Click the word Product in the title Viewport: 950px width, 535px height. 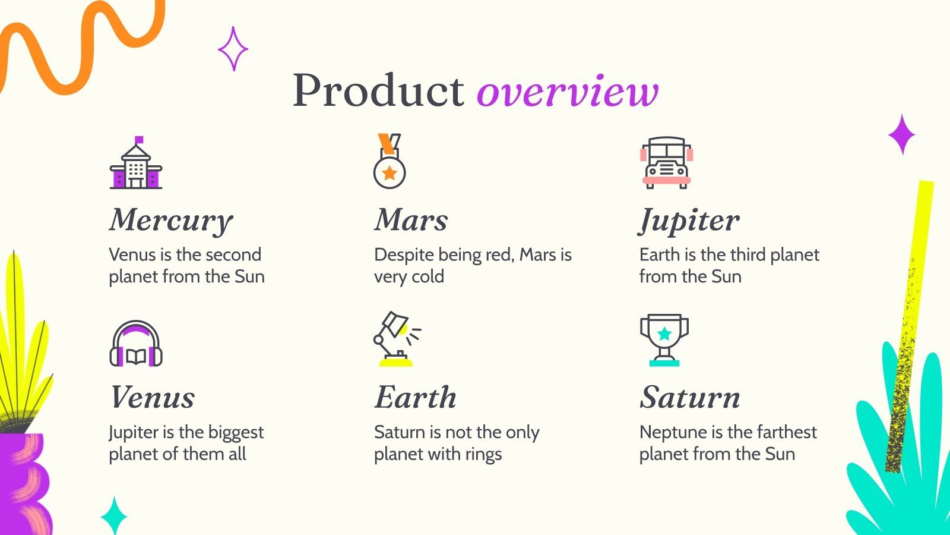click(x=378, y=90)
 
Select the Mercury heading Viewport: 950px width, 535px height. click(x=171, y=221)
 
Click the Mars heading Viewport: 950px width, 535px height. click(x=410, y=219)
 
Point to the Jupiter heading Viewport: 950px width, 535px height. click(x=689, y=221)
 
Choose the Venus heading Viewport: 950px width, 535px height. click(x=152, y=397)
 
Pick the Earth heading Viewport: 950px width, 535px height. click(x=415, y=397)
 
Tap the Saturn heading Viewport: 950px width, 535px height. click(x=690, y=397)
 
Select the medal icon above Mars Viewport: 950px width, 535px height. click(x=389, y=161)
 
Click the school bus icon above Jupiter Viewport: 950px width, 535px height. click(x=666, y=163)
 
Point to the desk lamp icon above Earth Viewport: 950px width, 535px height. click(x=397, y=339)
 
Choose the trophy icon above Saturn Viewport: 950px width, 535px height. click(x=664, y=340)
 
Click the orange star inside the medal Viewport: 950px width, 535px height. click(x=389, y=173)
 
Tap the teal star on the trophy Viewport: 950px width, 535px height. click(x=664, y=333)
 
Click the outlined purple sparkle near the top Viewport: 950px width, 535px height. click(x=233, y=49)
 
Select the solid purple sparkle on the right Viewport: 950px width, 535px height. click(x=902, y=134)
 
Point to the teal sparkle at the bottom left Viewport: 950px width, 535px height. click(x=114, y=515)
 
